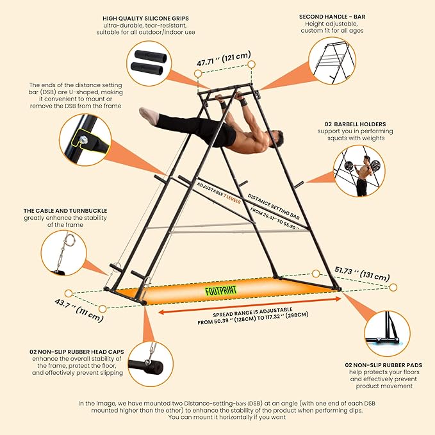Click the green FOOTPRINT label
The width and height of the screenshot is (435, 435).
[221, 290]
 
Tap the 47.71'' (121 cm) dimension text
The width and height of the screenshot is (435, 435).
[224, 58]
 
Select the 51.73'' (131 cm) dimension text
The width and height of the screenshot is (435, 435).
[362, 274]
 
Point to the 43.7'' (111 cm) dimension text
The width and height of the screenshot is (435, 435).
[79, 310]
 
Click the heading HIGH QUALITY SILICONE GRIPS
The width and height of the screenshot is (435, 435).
[145, 19]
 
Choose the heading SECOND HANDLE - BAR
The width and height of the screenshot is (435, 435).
[332, 17]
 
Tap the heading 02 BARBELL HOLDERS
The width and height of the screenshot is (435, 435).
[355, 124]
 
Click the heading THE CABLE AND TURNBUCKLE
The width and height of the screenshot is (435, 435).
[65, 211]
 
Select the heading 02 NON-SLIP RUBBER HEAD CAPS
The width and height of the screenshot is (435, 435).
[77, 352]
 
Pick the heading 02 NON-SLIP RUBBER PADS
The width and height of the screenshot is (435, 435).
[384, 365]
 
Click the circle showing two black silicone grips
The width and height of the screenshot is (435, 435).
[149, 63]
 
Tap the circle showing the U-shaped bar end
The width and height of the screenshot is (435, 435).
[85, 140]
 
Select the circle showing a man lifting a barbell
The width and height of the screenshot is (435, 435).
[359, 171]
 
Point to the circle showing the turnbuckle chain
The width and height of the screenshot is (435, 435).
[64, 252]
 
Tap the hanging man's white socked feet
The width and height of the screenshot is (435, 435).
[149, 115]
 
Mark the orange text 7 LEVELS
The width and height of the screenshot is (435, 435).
[232, 199]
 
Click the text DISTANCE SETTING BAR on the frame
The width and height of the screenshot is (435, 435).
[274, 207]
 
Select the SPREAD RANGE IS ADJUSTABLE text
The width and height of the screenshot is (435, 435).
[252, 312]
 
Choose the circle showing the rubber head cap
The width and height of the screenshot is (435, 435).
[151, 364]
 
